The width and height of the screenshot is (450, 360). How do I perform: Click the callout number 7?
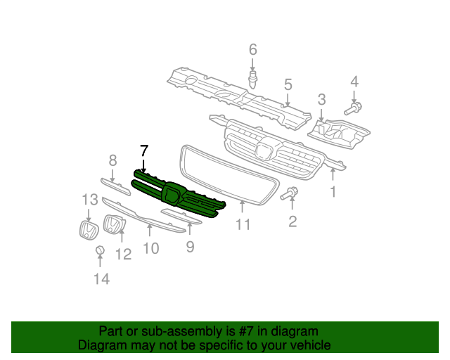(144, 150)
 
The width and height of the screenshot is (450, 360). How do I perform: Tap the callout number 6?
(252, 49)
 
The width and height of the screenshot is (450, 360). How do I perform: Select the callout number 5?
(288, 84)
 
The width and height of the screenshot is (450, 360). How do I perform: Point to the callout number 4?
(354, 82)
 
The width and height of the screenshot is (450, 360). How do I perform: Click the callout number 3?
(321, 99)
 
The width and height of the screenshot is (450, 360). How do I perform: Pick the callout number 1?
(333, 191)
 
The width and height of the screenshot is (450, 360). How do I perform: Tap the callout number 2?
(292, 222)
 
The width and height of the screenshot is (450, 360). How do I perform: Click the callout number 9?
(190, 246)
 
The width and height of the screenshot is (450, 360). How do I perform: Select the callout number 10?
(150, 248)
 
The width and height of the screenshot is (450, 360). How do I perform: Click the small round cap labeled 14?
(100, 251)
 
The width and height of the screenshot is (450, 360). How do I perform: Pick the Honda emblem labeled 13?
(86, 231)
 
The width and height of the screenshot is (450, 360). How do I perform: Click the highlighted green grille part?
(176, 193)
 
